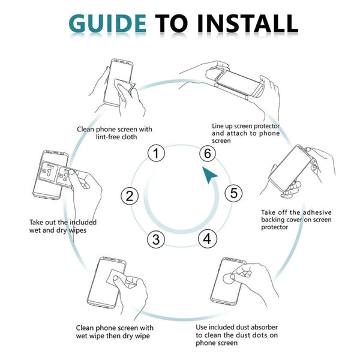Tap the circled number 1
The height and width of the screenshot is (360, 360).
tap(156, 154)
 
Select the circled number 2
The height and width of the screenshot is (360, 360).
tap(130, 196)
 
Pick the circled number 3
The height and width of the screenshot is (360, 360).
tap(156, 239)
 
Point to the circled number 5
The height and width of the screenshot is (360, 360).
tap(233, 194)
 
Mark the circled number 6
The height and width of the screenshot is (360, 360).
tap(207, 154)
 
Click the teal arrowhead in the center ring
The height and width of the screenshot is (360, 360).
tap(209, 176)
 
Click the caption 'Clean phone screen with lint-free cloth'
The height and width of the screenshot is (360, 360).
tap(114, 133)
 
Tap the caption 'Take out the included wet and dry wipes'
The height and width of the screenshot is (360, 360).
tap(63, 226)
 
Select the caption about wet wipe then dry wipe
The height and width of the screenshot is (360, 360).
tap(114, 332)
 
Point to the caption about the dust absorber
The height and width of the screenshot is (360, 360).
tap(237, 335)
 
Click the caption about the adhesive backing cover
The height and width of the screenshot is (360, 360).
tap(296, 220)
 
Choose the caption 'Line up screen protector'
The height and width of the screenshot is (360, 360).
tap(246, 133)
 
